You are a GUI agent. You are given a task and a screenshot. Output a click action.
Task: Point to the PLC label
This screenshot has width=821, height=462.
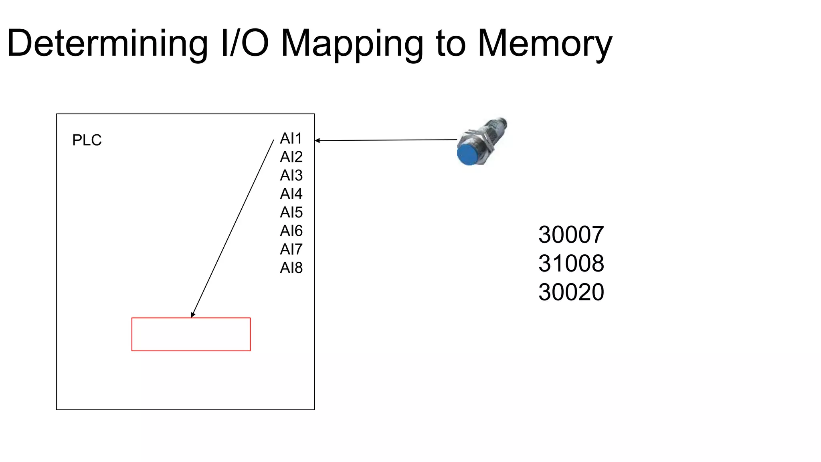click(x=87, y=140)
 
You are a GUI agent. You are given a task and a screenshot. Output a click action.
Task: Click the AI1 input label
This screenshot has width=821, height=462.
click(x=291, y=138)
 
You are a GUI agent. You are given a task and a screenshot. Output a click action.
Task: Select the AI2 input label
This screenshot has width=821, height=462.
click(x=291, y=157)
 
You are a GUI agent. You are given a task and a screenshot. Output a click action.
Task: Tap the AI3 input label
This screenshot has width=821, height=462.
click(x=291, y=175)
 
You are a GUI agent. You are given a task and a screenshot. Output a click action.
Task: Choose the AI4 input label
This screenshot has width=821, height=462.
click(x=291, y=194)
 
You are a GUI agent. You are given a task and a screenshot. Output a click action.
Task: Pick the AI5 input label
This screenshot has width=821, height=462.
click(x=291, y=212)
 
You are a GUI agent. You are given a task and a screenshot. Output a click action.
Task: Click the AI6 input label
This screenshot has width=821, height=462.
click(x=291, y=231)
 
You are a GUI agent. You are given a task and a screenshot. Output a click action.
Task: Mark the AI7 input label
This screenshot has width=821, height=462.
click(x=291, y=249)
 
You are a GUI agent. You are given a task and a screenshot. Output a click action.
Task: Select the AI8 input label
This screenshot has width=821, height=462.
click(x=291, y=267)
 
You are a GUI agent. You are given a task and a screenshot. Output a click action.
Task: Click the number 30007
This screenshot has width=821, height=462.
click(x=571, y=235)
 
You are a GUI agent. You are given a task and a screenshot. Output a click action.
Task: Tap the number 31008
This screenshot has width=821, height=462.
click(x=571, y=263)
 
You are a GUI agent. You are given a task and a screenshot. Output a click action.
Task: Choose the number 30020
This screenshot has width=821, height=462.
click(x=571, y=292)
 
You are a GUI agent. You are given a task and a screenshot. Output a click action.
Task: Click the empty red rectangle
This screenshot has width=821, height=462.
click(x=191, y=334)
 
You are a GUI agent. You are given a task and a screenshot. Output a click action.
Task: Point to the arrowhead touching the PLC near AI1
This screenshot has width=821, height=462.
click(x=317, y=140)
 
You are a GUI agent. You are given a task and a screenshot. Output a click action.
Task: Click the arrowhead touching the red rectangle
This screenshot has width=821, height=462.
click(x=193, y=315)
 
